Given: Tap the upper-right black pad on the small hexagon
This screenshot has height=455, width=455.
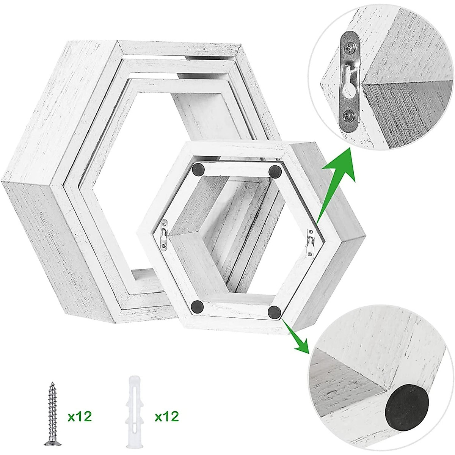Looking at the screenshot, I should click(275, 171).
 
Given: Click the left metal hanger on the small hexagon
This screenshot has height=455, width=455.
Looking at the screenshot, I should click(164, 235).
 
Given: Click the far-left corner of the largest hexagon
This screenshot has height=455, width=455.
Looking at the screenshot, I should click(3, 181).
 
